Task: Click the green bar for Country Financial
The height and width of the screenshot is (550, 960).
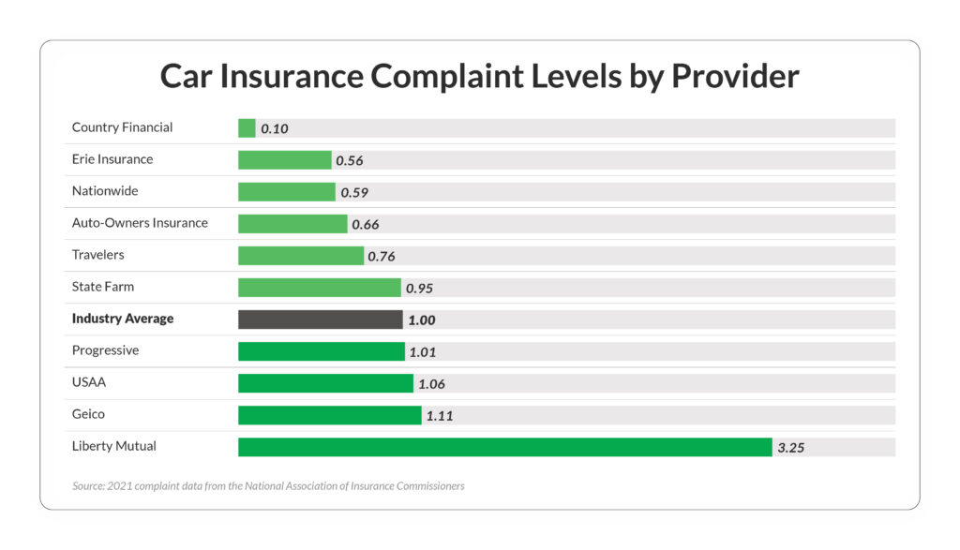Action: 247,128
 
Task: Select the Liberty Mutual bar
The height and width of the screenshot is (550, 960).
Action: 504,447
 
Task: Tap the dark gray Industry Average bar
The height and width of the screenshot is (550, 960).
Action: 320,320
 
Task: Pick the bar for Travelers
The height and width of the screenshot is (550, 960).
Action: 300,256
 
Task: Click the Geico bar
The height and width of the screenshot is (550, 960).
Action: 329,415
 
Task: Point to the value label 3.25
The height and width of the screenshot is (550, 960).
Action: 790,448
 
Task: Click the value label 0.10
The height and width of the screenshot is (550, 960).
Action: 274,129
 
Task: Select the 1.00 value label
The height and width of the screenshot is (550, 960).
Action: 421,320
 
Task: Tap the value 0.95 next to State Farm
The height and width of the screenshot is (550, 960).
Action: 419,289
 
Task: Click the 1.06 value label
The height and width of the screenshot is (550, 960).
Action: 431,384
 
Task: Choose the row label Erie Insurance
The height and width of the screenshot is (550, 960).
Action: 112,159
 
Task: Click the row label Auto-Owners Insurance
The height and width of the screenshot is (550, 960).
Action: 140,223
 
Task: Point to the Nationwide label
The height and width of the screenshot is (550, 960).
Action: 105,191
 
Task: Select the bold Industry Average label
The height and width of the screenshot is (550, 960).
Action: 123,319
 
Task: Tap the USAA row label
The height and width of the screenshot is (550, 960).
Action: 89,382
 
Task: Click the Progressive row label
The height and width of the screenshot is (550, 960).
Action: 105,350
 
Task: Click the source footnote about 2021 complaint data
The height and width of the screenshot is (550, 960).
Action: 268,486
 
